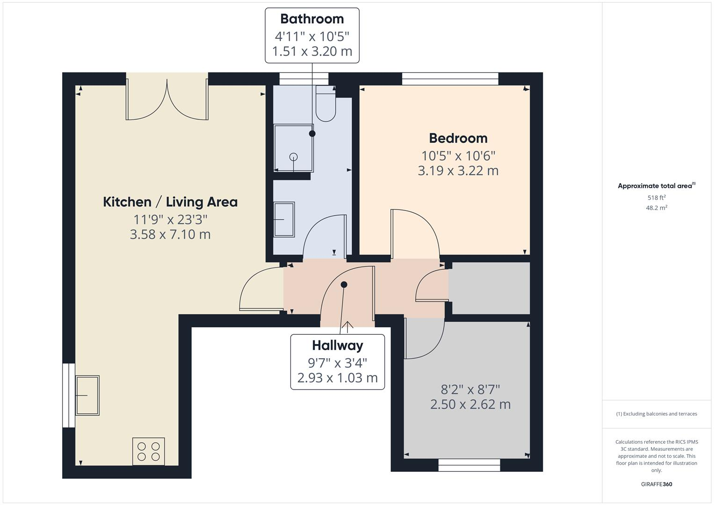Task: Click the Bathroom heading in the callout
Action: (x=312, y=19)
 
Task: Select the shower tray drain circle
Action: (x=294, y=157)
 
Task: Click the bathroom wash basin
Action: (x=284, y=219)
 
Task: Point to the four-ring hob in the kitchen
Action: (x=149, y=451)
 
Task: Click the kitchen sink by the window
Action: (x=87, y=396)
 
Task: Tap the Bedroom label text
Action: (x=458, y=138)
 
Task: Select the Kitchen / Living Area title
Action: (x=170, y=202)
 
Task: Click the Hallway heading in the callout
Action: (x=337, y=346)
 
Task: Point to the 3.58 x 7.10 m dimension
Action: (x=170, y=234)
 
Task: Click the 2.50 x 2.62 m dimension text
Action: (x=470, y=404)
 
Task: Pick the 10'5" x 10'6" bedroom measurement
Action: (x=458, y=155)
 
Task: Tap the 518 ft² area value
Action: (x=656, y=198)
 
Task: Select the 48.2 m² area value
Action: (x=656, y=208)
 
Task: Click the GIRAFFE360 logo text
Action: (x=656, y=484)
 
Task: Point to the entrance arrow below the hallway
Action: (x=347, y=326)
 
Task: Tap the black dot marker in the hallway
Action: (x=344, y=284)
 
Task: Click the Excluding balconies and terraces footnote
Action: (x=656, y=414)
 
